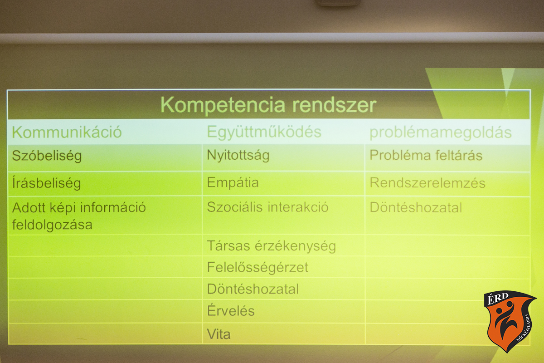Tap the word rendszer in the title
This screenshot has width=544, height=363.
pyautogui.click(x=334, y=105)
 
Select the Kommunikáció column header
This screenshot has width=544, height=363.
pyautogui.click(x=67, y=132)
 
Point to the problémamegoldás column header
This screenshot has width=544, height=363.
pyautogui.click(x=441, y=133)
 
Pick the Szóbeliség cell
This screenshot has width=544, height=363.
pyautogui.click(x=47, y=156)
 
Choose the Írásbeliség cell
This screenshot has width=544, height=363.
pyautogui.click(x=46, y=183)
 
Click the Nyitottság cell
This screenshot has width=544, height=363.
pyautogui.click(x=238, y=155)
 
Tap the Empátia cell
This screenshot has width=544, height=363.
pyautogui.click(x=233, y=182)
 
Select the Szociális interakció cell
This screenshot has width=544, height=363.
pyautogui.click(x=267, y=207)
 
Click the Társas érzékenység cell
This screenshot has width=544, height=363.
pyautogui.click(x=271, y=246)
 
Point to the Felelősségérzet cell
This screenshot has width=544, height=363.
pyautogui.click(x=257, y=268)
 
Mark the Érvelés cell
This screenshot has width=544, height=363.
pyautogui.click(x=231, y=310)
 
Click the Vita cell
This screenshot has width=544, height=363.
pyautogui.click(x=219, y=334)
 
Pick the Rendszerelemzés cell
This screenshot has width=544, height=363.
pyautogui.click(x=427, y=183)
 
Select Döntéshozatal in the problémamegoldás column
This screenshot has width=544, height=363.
pyautogui.click(x=416, y=208)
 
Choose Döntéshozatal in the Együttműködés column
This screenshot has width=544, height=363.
pyautogui.click(x=253, y=289)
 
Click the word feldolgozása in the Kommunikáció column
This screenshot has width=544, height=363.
pyautogui.click(x=52, y=225)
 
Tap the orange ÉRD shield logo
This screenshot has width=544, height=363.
pyautogui.click(x=509, y=321)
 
